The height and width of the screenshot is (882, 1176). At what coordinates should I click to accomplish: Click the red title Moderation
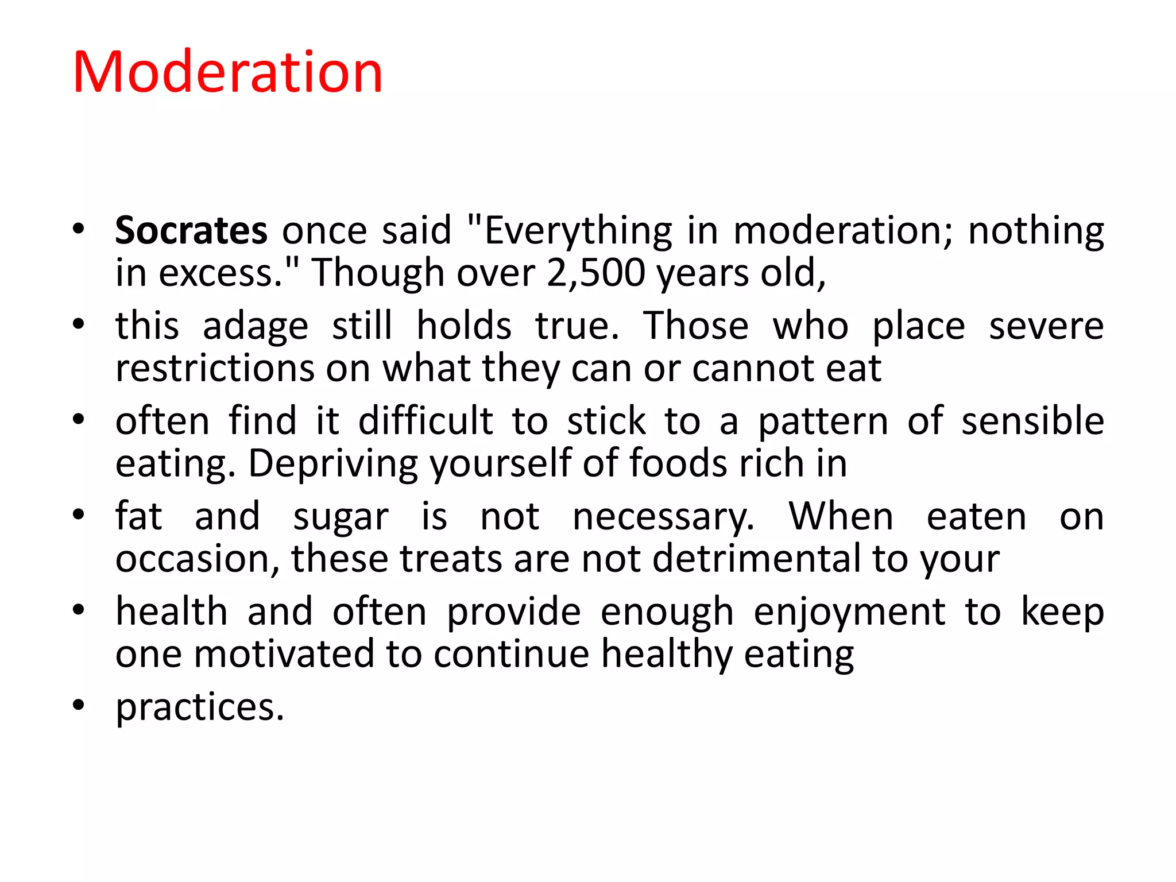(x=227, y=72)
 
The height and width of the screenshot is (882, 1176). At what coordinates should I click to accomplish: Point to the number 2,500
(x=595, y=273)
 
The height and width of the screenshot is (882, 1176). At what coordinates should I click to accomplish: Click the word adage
(x=256, y=326)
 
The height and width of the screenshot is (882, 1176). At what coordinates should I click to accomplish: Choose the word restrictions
(x=215, y=368)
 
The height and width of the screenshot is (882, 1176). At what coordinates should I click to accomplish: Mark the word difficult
(x=425, y=421)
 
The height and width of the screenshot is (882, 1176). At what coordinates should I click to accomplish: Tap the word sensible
(x=1032, y=421)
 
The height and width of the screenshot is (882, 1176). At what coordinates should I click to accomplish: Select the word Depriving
(x=333, y=463)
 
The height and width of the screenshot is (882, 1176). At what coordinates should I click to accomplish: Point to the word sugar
(x=341, y=517)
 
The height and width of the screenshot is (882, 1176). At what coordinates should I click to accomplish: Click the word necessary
(x=663, y=517)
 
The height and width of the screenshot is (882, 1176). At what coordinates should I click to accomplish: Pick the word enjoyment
(x=849, y=612)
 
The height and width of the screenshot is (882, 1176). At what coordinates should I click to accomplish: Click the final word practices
(x=200, y=707)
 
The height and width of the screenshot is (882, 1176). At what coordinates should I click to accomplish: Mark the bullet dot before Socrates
(x=79, y=229)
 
